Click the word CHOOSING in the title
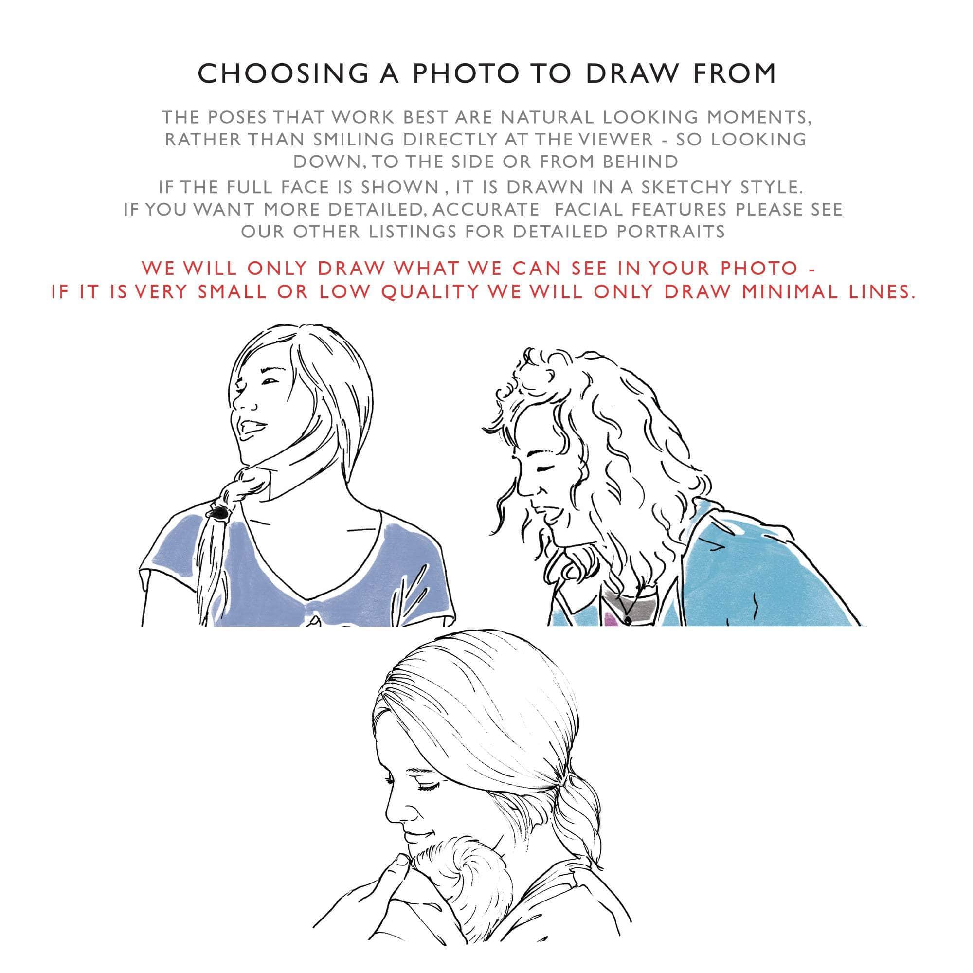click(283, 73)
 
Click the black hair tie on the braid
click(219, 513)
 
